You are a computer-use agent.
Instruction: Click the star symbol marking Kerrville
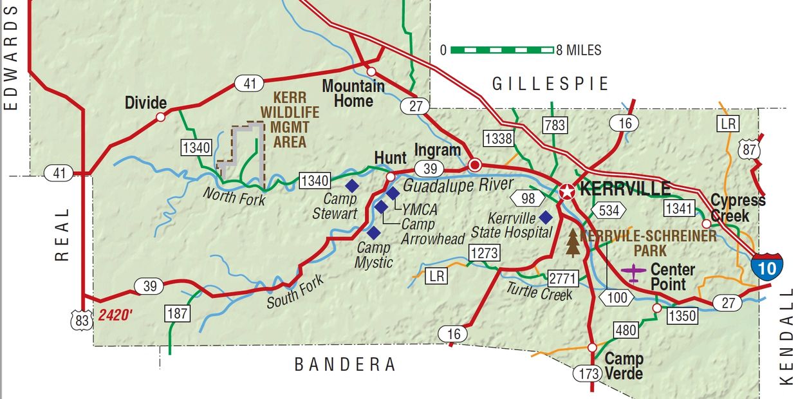(567, 191)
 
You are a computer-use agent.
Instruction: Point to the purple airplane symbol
(635, 273)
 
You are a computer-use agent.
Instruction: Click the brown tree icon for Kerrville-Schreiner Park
(573, 243)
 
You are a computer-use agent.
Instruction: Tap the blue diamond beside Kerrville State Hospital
(545, 217)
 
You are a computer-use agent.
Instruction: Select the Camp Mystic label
(374, 255)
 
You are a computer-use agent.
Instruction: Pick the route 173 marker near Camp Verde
(588, 373)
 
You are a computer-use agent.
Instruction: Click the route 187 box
(178, 313)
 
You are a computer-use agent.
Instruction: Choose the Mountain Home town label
(353, 93)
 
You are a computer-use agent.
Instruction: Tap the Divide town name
(146, 103)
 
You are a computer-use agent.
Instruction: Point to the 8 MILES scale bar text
(579, 50)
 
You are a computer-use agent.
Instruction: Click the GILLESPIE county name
(550, 84)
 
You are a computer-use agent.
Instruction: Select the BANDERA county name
(345, 365)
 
